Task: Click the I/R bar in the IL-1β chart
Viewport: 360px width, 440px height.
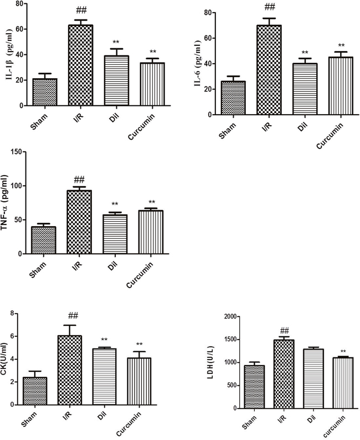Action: pos(80,65)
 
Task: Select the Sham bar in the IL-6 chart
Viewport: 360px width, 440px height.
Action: pos(233,98)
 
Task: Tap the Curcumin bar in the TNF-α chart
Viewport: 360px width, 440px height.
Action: pos(151,232)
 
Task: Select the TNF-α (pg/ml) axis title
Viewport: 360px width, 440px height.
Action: pos(5,203)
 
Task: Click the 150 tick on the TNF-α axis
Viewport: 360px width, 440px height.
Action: pos(17,152)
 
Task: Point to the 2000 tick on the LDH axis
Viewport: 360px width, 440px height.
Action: pos(231,316)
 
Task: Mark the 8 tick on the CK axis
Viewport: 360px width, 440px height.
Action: pos(12,314)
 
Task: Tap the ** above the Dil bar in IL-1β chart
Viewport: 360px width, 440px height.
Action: pos(116,42)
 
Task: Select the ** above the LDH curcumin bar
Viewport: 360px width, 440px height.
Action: pos(343,351)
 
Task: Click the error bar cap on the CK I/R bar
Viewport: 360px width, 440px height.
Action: pos(70,325)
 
